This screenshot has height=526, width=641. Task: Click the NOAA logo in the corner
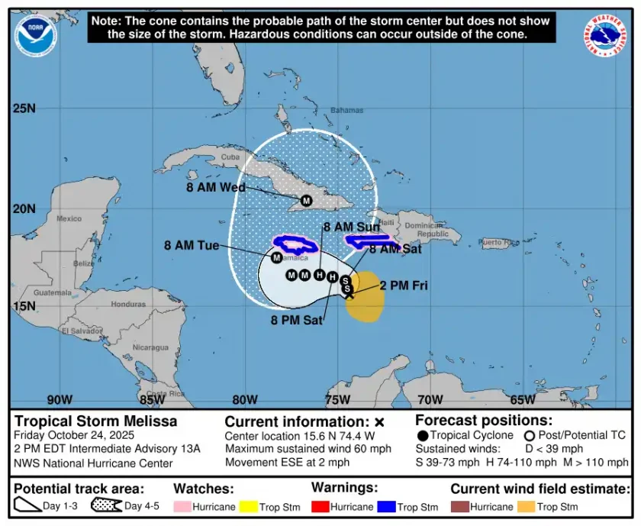click(35, 35)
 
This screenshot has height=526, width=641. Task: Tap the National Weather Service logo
click(610, 35)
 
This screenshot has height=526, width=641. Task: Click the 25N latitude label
click(24, 108)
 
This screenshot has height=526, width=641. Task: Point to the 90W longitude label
click(60, 399)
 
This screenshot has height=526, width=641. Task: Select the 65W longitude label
click(522, 399)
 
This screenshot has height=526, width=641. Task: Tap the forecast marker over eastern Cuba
click(306, 201)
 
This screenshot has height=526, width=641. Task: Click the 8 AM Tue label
click(192, 245)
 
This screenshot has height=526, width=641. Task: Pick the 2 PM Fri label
click(404, 286)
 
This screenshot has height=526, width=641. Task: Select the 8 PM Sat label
click(297, 320)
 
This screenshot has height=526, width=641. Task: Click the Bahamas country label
click(346, 110)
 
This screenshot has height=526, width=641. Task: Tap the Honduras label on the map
click(127, 304)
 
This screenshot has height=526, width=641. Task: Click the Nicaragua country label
click(150, 347)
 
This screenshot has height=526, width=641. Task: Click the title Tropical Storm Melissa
click(96, 421)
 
